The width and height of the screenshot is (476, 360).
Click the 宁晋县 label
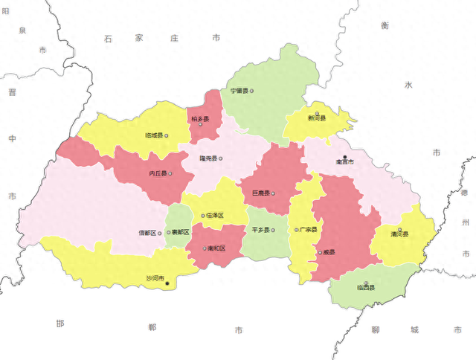(x=239, y=91)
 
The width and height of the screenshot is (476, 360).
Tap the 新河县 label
(x=317, y=118)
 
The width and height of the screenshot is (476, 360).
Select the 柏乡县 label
(x=200, y=118)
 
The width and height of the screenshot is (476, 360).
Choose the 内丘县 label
(x=158, y=173)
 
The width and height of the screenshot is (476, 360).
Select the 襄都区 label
(x=181, y=233)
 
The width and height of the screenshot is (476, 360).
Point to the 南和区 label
(x=216, y=248)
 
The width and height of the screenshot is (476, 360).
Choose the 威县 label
(x=328, y=253)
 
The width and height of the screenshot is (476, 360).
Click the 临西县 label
(x=366, y=288)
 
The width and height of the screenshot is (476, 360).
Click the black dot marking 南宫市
(x=344, y=156)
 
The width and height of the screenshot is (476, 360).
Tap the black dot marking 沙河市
(x=167, y=283)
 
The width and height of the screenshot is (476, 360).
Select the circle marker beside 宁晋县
(x=252, y=91)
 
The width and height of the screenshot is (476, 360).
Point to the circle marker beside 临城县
(x=167, y=135)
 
